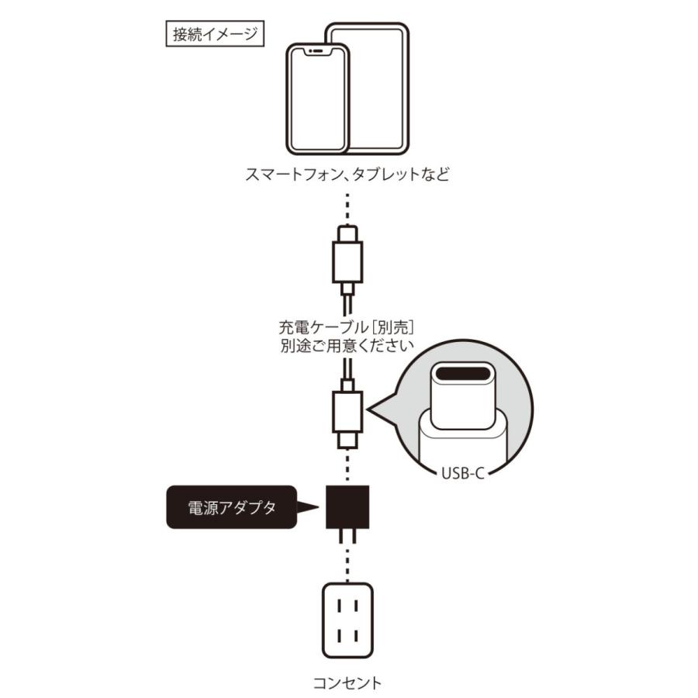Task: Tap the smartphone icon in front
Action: (x=318, y=101)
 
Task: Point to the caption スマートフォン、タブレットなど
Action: (x=347, y=174)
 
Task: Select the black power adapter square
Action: (x=347, y=507)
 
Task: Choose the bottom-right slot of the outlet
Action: (x=358, y=635)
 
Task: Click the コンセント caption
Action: (x=347, y=683)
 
